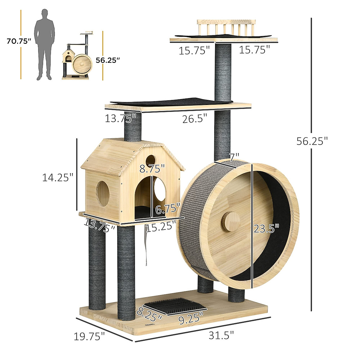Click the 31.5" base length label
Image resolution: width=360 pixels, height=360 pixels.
(x=221, y=335)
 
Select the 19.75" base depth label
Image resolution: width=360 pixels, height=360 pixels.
(x=89, y=336)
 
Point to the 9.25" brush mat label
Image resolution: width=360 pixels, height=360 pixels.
(x=190, y=318)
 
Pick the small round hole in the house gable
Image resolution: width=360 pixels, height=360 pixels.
(x=151, y=160)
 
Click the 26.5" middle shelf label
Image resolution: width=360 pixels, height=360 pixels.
(x=195, y=119)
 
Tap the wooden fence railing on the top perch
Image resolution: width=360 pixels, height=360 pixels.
(x=226, y=28)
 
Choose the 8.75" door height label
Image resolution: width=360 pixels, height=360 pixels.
(x=152, y=169)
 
